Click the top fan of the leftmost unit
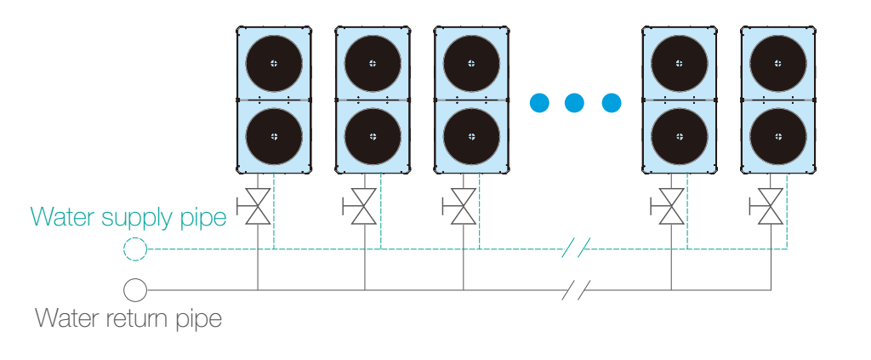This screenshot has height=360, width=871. pos(273,63)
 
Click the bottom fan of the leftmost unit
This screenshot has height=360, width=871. pos(273,136)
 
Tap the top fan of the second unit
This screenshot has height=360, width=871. pos(373,63)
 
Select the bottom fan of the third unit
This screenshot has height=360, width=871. pos(472,136)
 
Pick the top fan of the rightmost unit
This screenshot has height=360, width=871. pos(778,63)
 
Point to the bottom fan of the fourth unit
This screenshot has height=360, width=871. pos(679,136)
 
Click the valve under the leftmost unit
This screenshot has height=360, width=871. pos(257,207)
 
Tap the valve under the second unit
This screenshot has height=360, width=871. pos(364,207)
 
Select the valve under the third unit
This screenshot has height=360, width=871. pos(463,207)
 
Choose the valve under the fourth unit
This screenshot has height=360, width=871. pos(671,207)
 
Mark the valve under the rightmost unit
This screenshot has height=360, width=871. pos(771,207)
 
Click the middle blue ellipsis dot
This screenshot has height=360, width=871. pos(575,104)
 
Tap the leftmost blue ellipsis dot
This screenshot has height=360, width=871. pos(538,104)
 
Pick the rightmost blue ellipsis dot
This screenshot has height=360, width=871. pos(612,104)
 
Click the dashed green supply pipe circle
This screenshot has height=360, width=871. pos(134,249)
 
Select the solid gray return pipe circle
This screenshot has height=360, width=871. pos(134,290)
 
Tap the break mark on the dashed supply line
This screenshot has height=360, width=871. pos(576,249)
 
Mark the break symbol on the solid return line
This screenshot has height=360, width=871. pos(576,290)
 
